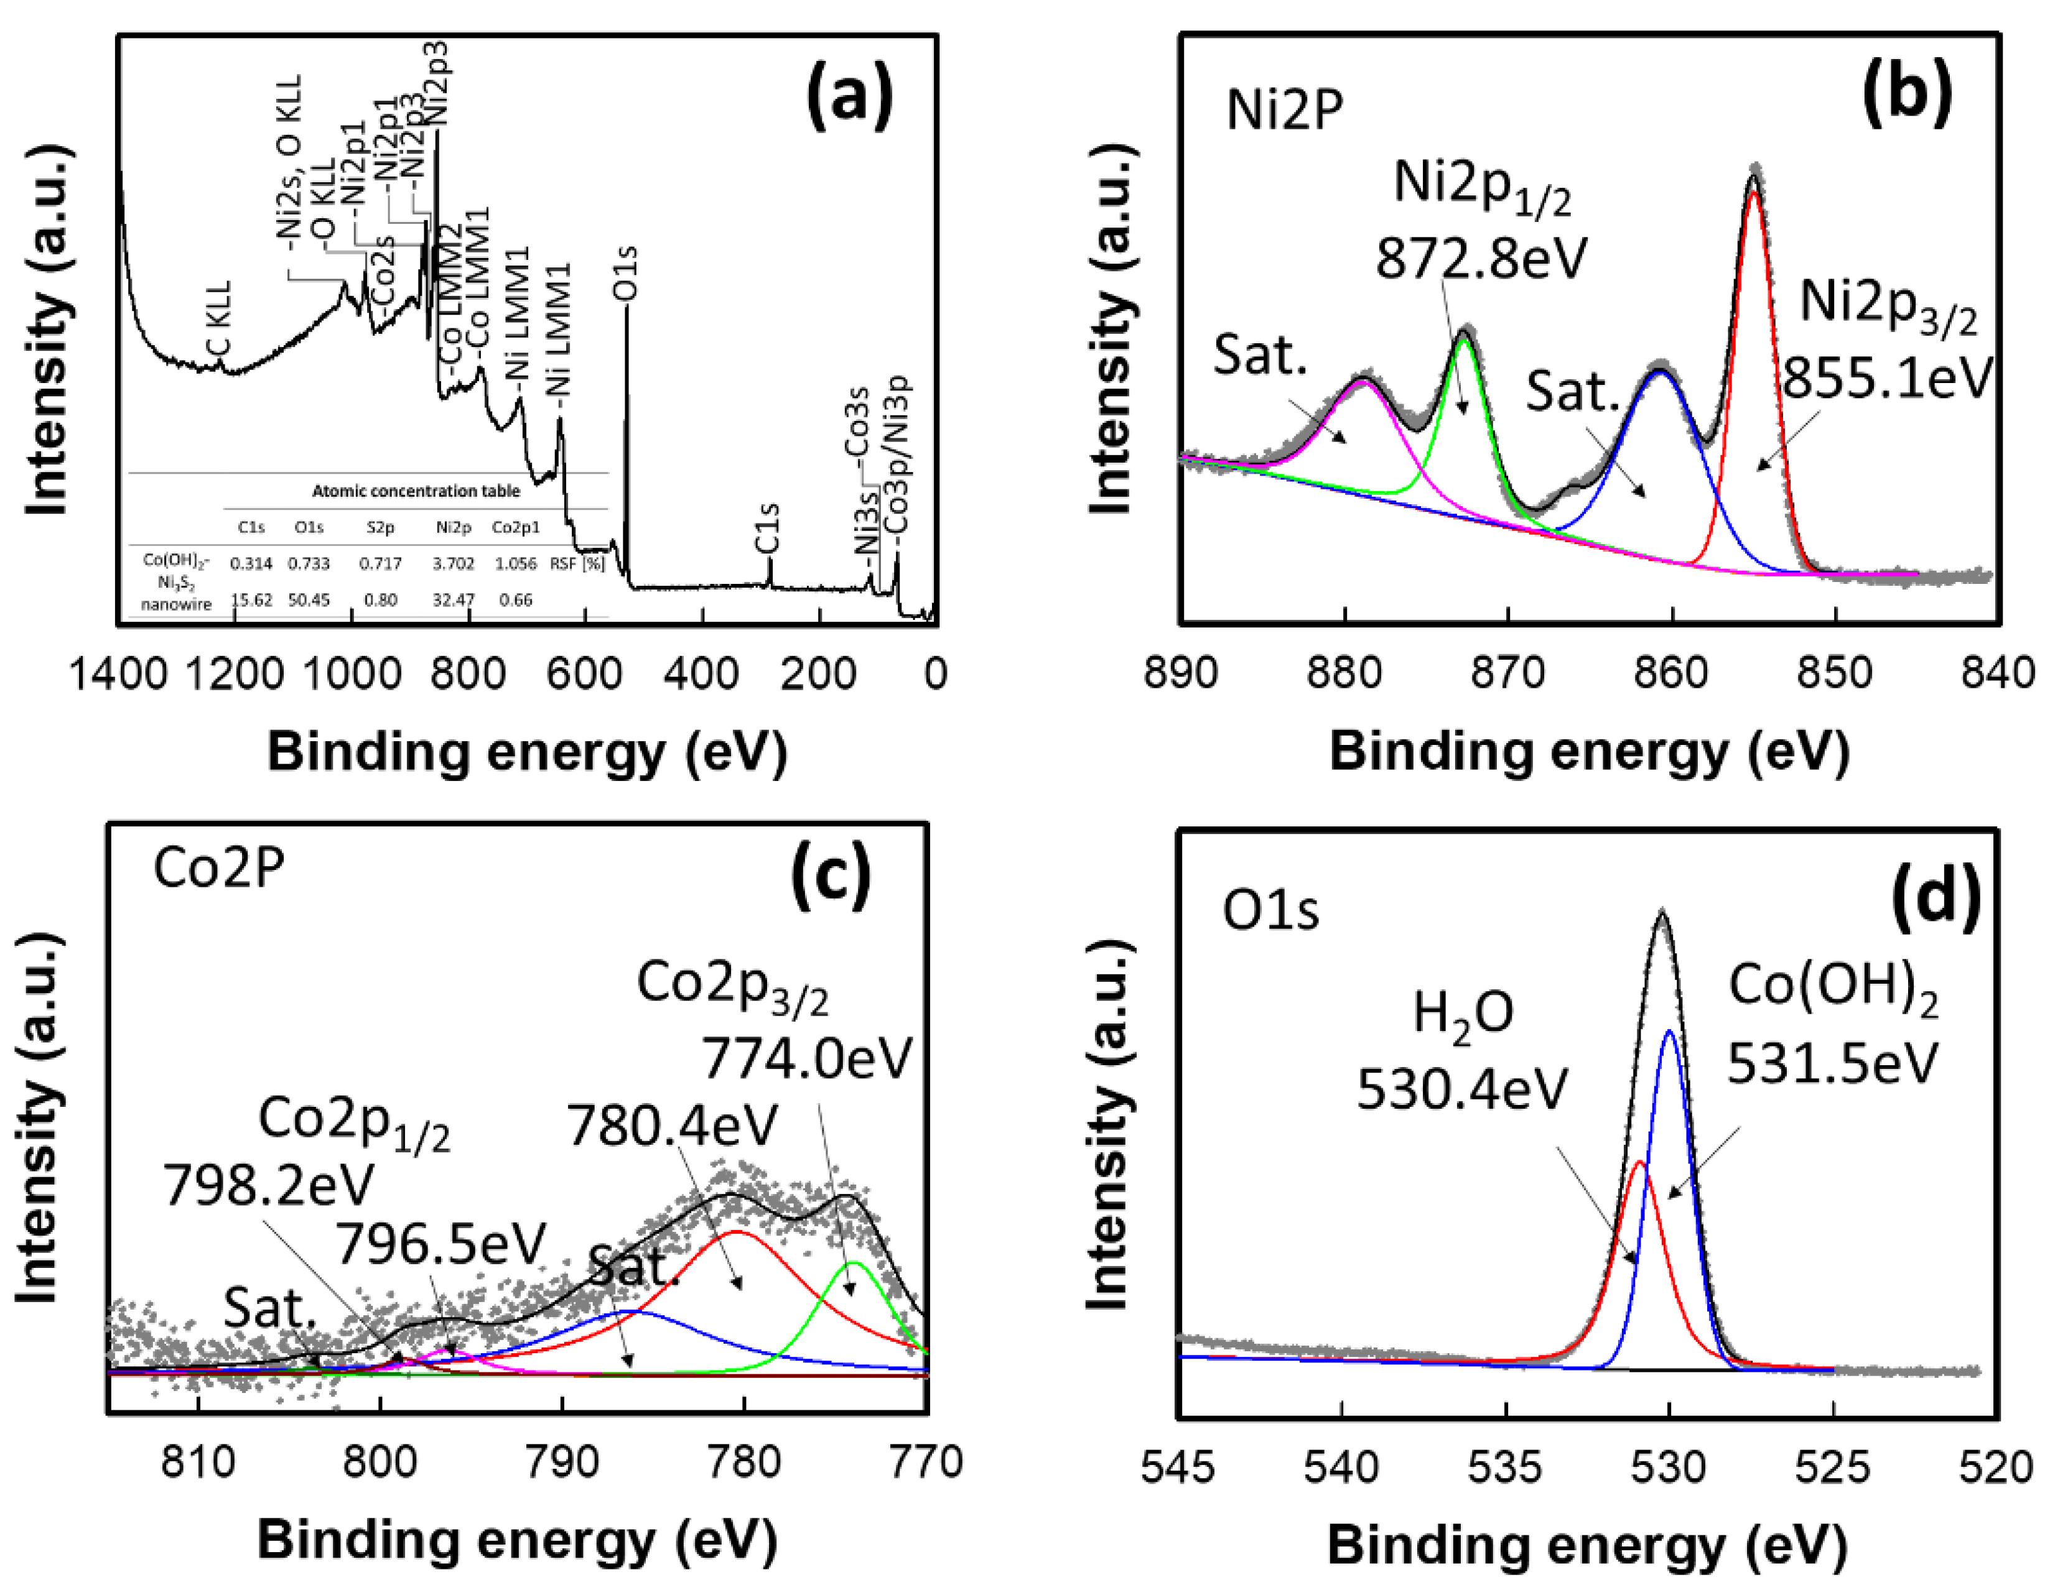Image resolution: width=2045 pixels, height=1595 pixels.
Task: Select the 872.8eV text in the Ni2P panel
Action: [1481, 257]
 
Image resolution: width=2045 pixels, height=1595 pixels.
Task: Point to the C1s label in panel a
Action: [767, 527]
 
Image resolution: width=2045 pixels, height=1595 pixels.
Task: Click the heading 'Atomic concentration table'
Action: [415, 491]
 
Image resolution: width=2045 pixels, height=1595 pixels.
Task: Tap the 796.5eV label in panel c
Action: [440, 1244]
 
